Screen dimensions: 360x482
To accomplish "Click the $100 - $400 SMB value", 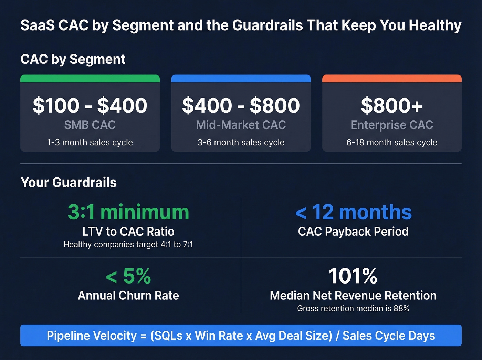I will [x=90, y=105].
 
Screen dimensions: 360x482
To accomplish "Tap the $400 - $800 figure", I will [x=241, y=105].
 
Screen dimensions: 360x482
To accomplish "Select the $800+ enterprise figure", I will [x=391, y=105].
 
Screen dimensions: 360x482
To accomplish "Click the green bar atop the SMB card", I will [x=90, y=79].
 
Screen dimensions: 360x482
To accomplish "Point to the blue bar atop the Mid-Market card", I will [x=241, y=79].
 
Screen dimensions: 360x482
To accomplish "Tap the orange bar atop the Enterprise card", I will [x=391, y=79].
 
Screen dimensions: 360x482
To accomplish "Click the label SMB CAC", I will [x=90, y=125].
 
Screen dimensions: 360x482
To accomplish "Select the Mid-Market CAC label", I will [x=241, y=125].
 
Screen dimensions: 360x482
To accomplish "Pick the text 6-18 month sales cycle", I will [x=391, y=142].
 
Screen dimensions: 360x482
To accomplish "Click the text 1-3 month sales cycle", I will [x=90, y=142].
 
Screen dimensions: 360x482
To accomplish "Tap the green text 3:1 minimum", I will [x=128, y=212].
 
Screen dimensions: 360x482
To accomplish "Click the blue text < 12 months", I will [x=353, y=212].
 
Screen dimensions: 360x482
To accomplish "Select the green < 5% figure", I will [x=128, y=276].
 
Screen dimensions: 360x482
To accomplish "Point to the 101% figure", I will [x=353, y=276].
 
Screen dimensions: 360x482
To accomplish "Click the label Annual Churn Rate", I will [x=128, y=296].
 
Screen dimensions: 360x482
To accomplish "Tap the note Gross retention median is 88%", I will [x=353, y=308].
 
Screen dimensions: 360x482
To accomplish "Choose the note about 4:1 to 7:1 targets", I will [x=128, y=245].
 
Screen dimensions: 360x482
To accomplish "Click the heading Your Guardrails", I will [x=69, y=183].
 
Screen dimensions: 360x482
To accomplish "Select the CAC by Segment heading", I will [x=73, y=59].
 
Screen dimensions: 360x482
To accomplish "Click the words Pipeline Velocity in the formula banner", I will [x=92, y=336].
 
